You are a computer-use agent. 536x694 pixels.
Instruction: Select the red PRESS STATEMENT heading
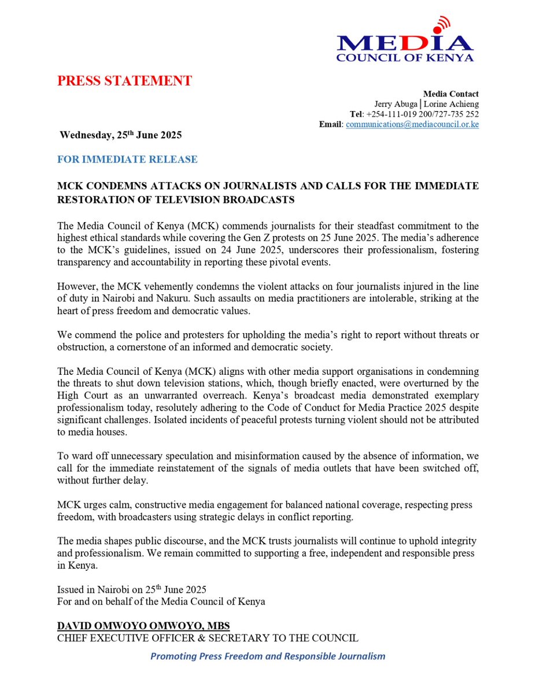124,81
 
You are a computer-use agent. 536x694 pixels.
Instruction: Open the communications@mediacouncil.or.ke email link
412,125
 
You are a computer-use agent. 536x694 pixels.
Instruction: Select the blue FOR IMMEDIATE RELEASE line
127,159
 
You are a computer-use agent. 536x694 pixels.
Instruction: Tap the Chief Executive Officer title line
208,638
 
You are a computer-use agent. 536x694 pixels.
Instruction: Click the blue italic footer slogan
268,656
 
